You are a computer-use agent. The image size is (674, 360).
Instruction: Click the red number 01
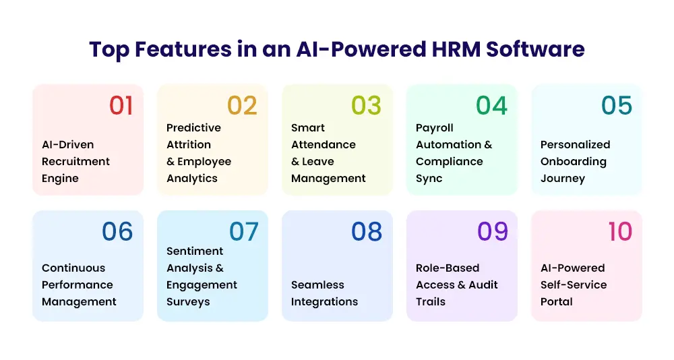[121, 105]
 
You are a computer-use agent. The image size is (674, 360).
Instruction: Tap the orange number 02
[242, 105]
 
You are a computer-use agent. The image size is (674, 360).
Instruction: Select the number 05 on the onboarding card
[617, 105]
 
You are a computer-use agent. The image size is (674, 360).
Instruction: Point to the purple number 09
[493, 231]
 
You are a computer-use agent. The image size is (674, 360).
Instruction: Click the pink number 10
[620, 231]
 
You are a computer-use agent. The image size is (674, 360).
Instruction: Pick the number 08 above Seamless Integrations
[367, 231]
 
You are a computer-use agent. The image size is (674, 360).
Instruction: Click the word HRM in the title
[456, 49]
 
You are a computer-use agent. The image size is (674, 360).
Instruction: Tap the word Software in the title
[536, 49]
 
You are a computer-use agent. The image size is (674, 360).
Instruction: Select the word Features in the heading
[183, 49]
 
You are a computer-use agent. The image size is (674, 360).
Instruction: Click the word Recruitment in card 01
[75, 161]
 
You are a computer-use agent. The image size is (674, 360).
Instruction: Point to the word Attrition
[189, 144]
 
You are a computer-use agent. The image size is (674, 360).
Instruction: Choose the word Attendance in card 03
[324, 144]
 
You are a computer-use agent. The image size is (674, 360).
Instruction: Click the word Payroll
[435, 128]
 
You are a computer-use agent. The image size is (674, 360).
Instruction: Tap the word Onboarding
[574, 162]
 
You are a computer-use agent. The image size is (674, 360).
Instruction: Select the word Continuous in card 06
[73, 268]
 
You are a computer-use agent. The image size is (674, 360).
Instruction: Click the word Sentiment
[195, 251]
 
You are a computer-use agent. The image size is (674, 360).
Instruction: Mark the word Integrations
[325, 302]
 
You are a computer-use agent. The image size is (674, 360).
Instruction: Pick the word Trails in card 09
[431, 302]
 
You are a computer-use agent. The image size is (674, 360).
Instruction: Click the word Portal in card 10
[556, 302]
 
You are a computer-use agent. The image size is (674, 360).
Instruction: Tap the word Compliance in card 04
[449, 162]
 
